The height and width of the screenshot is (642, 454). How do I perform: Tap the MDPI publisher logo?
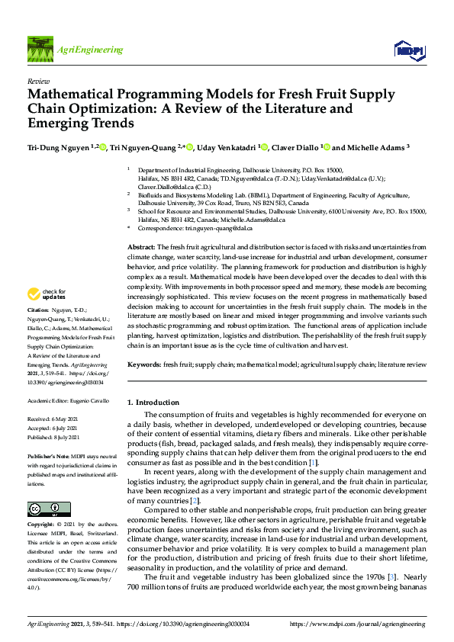pyautogui.click(x=409, y=50)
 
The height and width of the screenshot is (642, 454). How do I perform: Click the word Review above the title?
pyautogui.click(x=38, y=80)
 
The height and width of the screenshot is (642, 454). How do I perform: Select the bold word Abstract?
pyautogui.click(x=140, y=226)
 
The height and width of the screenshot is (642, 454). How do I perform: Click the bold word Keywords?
pyautogui.click(x=143, y=365)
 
